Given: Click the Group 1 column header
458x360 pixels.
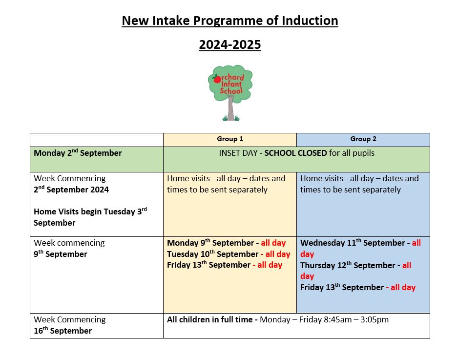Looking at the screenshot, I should (x=229, y=139).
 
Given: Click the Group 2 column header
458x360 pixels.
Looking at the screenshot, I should (x=363, y=139).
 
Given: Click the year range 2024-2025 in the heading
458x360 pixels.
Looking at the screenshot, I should (x=229, y=45).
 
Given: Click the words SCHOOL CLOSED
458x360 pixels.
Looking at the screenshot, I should (x=295, y=153).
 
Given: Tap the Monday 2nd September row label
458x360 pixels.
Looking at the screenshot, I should (x=78, y=153).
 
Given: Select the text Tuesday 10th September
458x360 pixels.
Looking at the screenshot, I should (x=212, y=254).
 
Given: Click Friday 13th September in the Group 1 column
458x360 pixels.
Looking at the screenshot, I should (x=208, y=265).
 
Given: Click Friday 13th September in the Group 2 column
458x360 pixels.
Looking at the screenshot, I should (x=342, y=287).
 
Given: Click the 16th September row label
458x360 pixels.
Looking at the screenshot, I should (x=62, y=331).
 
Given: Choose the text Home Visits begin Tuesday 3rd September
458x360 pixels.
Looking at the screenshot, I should (x=90, y=217).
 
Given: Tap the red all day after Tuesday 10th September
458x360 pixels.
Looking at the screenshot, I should (x=277, y=254).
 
